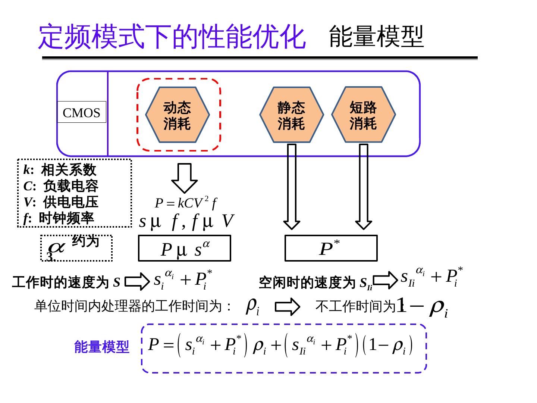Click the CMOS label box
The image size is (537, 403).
pos(81,112)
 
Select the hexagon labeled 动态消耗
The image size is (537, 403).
pos(177,115)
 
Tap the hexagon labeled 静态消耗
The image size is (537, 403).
pos(291,115)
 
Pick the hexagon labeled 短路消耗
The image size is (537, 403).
pos(363,115)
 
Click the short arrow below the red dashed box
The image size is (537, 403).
pos(184,178)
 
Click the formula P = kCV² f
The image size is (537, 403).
pos(185,203)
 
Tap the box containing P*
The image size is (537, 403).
pos(331,248)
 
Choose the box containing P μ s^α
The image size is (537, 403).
pos(185,249)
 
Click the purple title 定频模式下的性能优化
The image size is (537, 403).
pos(172,37)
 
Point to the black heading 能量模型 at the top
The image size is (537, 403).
pos(376,37)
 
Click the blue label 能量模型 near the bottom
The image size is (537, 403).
pos(101,347)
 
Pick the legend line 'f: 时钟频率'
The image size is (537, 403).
pos(59,218)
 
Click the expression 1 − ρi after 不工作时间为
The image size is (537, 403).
pos(423,307)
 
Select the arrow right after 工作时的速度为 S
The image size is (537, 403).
pos(137,282)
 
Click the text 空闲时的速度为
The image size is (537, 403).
pos(307,282)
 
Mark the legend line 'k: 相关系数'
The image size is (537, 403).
pos(60,170)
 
